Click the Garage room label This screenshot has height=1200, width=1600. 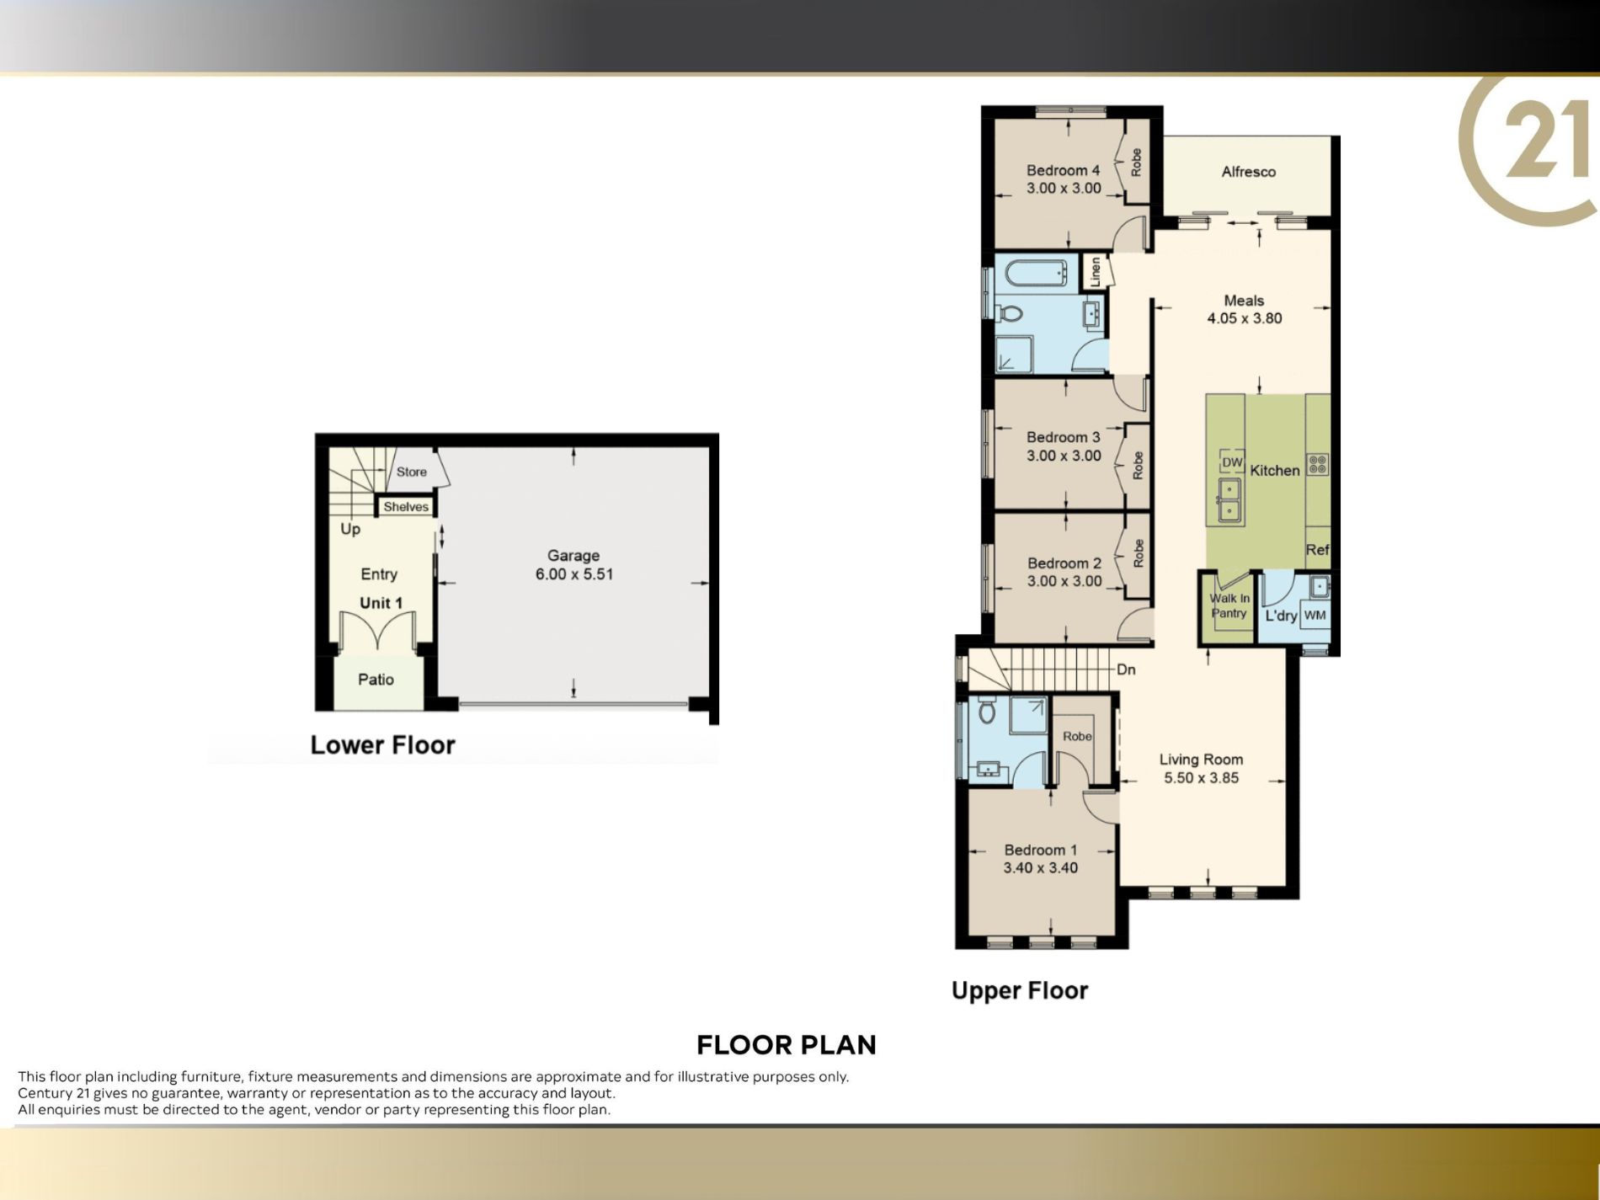tap(573, 555)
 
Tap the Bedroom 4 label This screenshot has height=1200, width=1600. tap(1063, 170)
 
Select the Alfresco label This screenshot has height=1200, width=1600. tap(1248, 172)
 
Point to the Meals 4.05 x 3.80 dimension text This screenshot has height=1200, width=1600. tap(1245, 318)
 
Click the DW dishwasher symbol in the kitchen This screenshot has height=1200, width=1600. tap(1232, 462)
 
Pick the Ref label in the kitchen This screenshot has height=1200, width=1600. tap(1317, 550)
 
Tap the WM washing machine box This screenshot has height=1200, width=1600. tap(1315, 615)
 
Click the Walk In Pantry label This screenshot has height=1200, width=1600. tap(1229, 605)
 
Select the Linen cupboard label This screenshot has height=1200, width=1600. tap(1095, 271)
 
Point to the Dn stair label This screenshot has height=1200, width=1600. tap(1126, 669)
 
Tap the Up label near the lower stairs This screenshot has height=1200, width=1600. tap(350, 529)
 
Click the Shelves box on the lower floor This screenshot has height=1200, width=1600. tap(406, 506)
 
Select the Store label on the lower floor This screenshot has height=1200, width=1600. tap(412, 472)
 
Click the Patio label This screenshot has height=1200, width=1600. tap(376, 680)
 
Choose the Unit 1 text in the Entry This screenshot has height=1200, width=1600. tap(381, 603)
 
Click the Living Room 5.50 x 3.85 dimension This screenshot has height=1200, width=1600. tap(1202, 778)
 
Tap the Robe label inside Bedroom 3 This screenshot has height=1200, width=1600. tap(1138, 466)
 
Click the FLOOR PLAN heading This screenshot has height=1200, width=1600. tap(787, 1045)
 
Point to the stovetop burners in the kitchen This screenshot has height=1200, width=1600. tap(1318, 464)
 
